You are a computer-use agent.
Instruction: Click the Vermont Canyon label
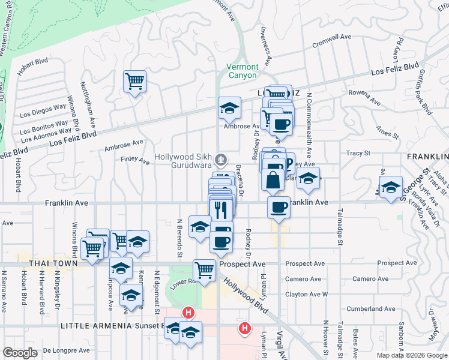[243, 71]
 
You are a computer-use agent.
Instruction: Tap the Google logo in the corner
[20, 353]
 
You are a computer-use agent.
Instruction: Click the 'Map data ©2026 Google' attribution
[412, 355]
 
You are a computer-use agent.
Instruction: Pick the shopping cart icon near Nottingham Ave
[134, 81]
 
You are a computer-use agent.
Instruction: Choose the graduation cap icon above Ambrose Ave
[229, 108]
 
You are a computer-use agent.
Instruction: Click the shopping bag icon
[273, 180]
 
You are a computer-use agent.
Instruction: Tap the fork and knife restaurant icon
[221, 208]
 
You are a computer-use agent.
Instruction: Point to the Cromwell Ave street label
[332, 37]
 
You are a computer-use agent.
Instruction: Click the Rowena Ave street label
[365, 93]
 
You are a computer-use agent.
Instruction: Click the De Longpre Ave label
[66, 350]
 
